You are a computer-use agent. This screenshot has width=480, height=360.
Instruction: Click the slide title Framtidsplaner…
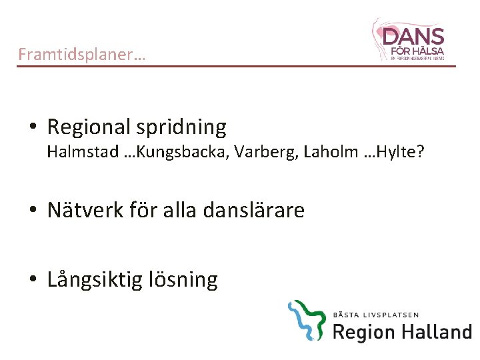(x=81, y=54)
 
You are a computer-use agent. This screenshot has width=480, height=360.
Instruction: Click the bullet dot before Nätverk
(x=33, y=211)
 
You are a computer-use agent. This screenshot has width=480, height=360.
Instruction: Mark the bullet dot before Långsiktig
(x=33, y=280)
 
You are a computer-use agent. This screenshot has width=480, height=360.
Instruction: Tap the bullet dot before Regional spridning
(x=33, y=127)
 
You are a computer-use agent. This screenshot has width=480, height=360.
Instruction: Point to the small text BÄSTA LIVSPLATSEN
(x=376, y=314)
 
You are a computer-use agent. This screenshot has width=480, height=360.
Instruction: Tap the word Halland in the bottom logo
(x=437, y=331)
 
